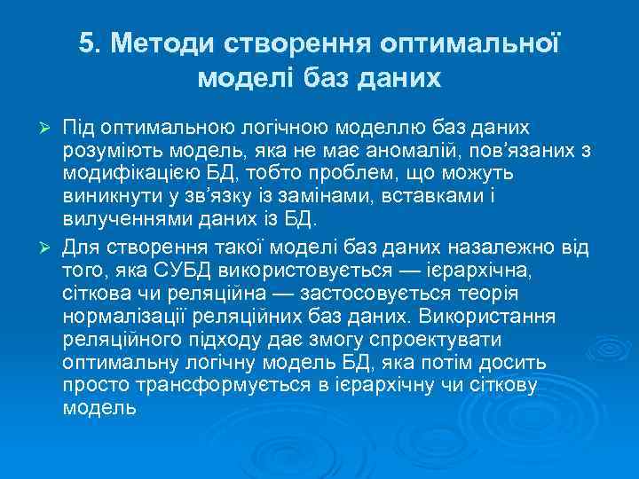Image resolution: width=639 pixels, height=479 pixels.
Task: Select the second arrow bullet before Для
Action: [x=49, y=243]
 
